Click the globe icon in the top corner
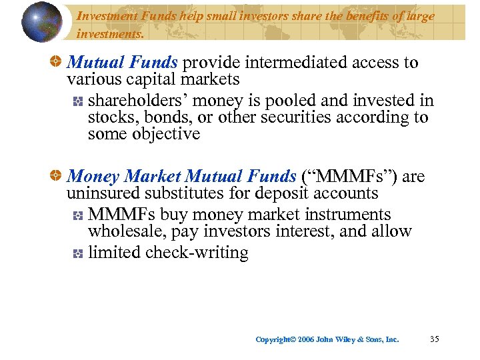tap(41, 22)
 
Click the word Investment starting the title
tap(107, 16)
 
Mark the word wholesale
tap(126, 232)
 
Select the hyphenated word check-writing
tap(198, 253)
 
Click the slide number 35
tap(435, 339)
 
